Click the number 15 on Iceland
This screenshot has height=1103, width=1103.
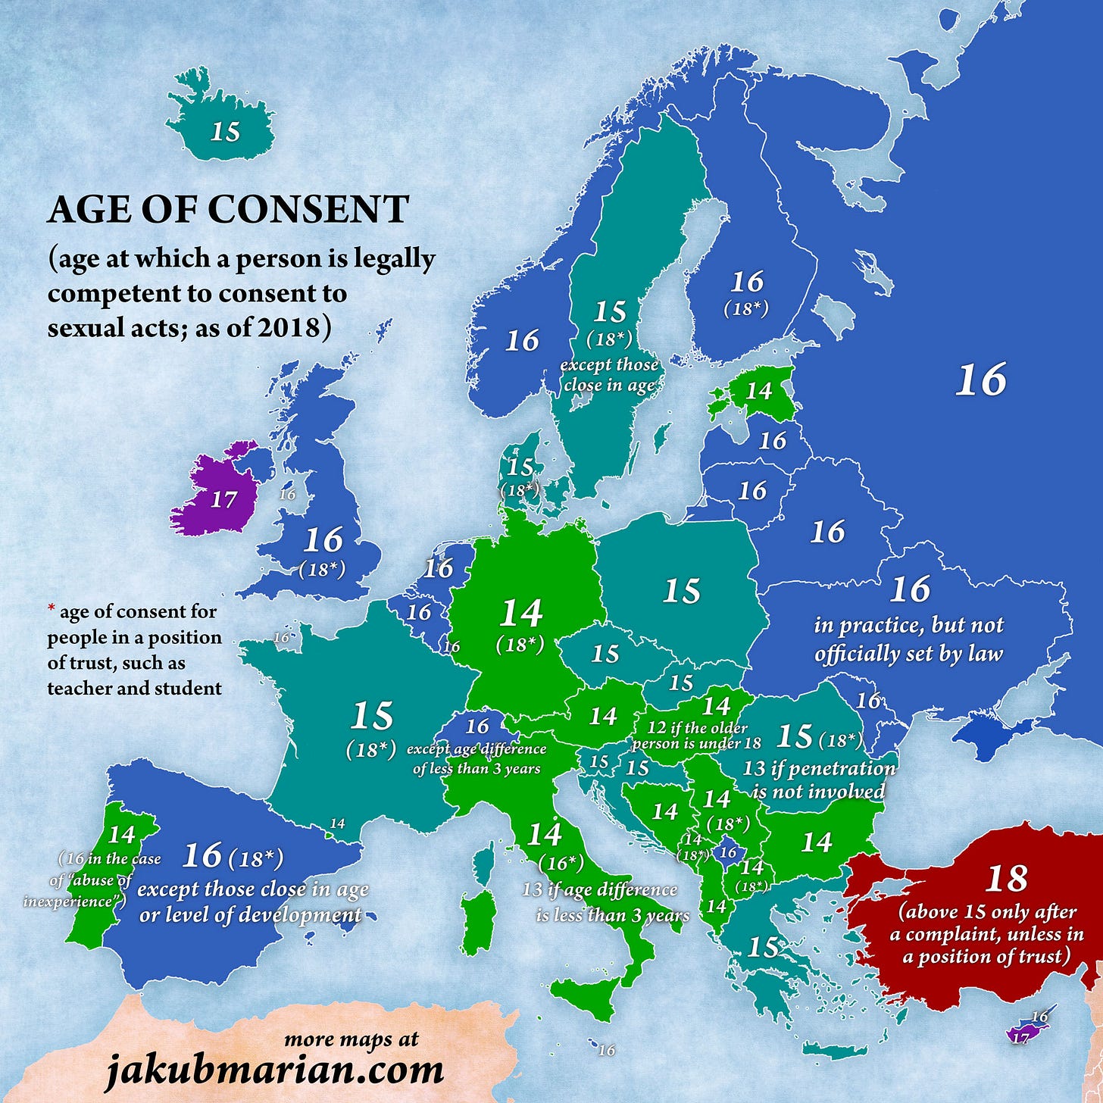coord(225,131)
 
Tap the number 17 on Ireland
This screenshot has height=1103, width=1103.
coord(223,499)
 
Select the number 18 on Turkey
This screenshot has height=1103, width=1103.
coord(1006,879)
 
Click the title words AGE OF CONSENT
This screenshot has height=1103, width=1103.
coord(228,210)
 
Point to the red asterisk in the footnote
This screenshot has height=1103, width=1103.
coord(52,609)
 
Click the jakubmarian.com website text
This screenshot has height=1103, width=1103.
coord(273,1070)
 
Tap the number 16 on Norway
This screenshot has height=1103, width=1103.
coord(522,340)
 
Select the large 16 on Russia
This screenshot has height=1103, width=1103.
coord(980,380)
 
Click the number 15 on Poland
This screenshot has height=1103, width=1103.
coord(680,592)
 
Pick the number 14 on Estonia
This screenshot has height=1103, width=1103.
coord(758,391)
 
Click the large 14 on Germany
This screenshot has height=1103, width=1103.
coord(521,613)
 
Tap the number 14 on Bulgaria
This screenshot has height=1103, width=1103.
coord(816,842)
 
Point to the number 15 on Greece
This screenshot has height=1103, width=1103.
coord(763,947)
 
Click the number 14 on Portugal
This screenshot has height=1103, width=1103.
coord(121,834)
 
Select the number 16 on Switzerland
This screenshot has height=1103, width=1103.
coord(477,726)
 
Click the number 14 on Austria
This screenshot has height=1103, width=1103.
coord(603,716)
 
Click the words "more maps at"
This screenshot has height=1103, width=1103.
coord(351,1039)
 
